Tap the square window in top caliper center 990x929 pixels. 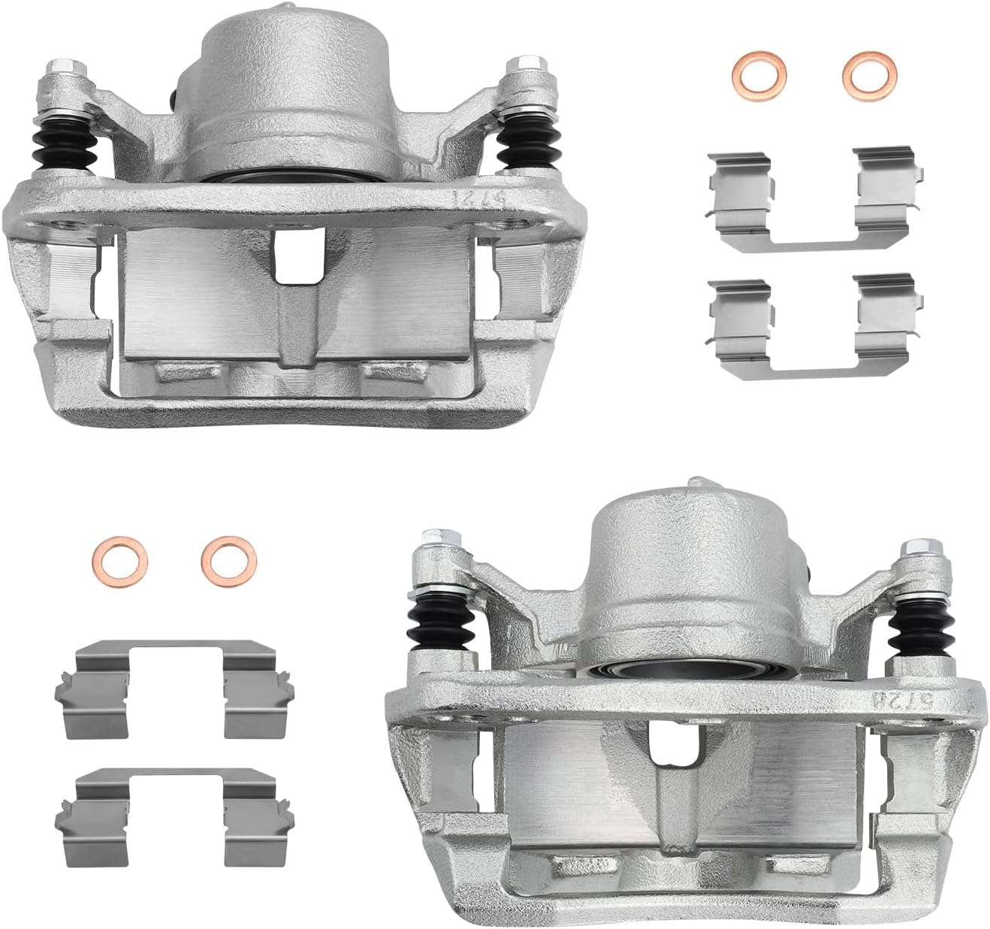(x=300, y=257)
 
